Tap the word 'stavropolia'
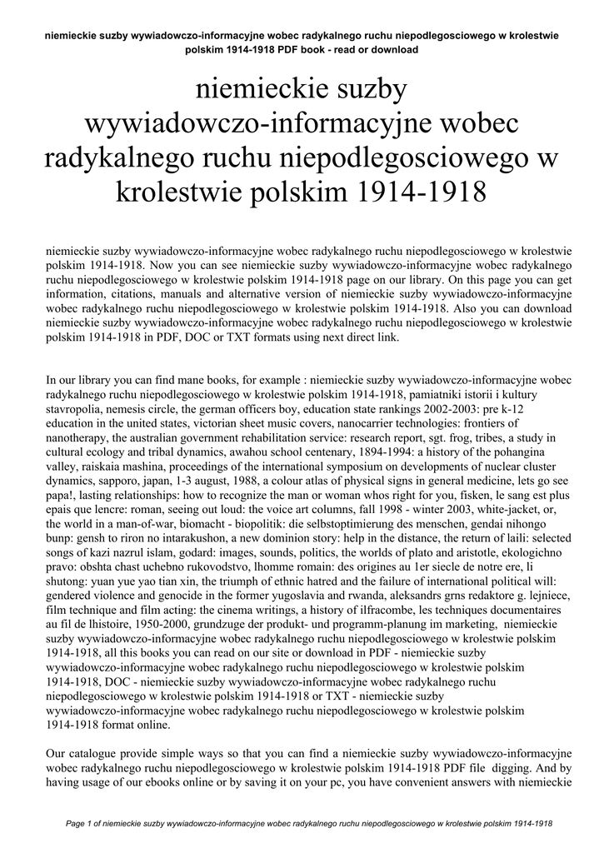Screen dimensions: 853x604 click(x=77, y=410)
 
